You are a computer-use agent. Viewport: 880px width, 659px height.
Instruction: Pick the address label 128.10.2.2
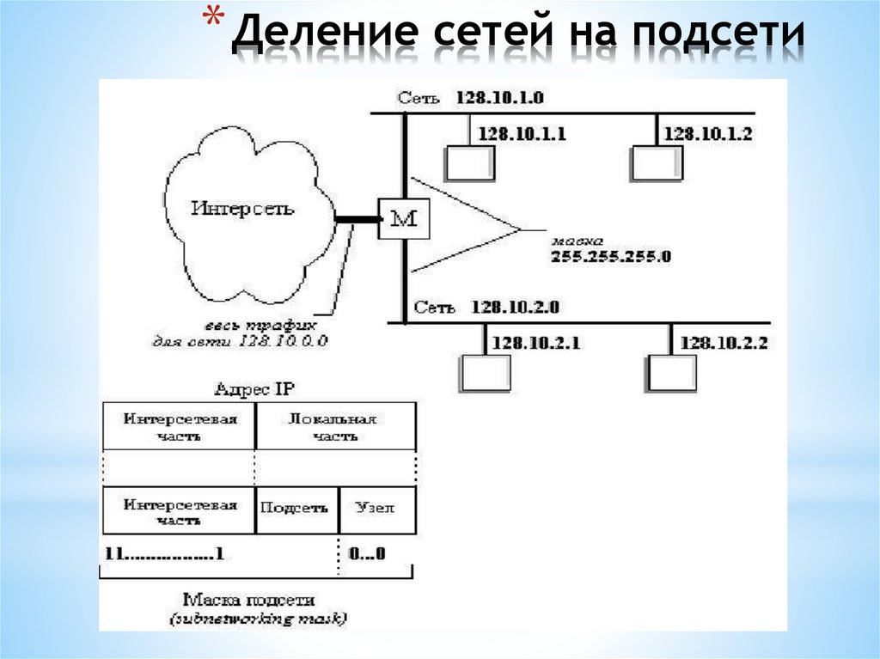pos(724,343)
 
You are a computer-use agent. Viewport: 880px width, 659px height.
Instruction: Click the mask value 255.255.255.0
pos(611,256)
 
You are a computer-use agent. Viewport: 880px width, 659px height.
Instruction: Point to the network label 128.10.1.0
pos(500,98)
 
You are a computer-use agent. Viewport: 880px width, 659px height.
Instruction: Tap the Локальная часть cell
pos(334,427)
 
